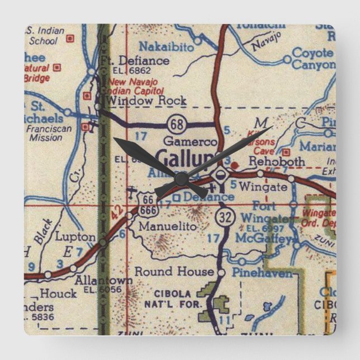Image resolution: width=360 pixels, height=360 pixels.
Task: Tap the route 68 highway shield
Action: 176,121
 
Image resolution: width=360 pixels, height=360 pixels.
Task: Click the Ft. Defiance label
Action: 134,60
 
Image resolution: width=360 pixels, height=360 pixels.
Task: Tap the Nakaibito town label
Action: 165,47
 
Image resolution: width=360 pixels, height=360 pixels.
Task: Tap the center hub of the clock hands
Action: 181,178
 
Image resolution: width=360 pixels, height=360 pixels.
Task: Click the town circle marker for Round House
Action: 221,273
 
